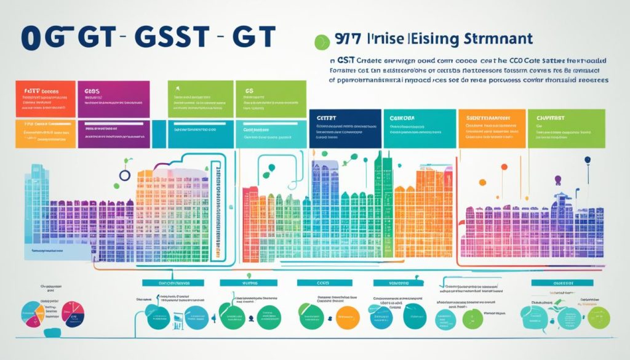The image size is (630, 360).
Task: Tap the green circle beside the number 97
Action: (319, 42)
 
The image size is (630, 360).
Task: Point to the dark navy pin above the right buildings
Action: (588, 160)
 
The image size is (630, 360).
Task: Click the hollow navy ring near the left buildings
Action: (125, 175)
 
